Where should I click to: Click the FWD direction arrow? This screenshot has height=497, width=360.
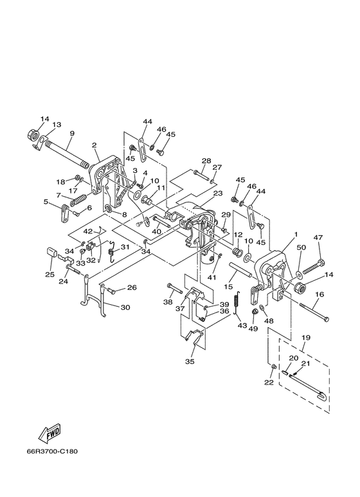tap(50, 433)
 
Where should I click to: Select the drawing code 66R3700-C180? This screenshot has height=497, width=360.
tap(52, 451)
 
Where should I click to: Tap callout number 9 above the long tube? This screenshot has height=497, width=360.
tap(72, 133)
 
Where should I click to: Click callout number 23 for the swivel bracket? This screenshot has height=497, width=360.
tap(218, 193)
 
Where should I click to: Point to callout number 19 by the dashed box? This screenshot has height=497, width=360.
tap(306, 338)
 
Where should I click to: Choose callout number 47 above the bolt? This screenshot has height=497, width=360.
tap(318, 237)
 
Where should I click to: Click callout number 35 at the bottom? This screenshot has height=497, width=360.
tap(190, 361)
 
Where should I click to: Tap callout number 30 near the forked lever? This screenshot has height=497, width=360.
tap(125, 307)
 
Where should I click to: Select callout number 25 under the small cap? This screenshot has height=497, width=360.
tap(50, 274)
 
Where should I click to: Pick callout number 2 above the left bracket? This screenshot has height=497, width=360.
tap(94, 145)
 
